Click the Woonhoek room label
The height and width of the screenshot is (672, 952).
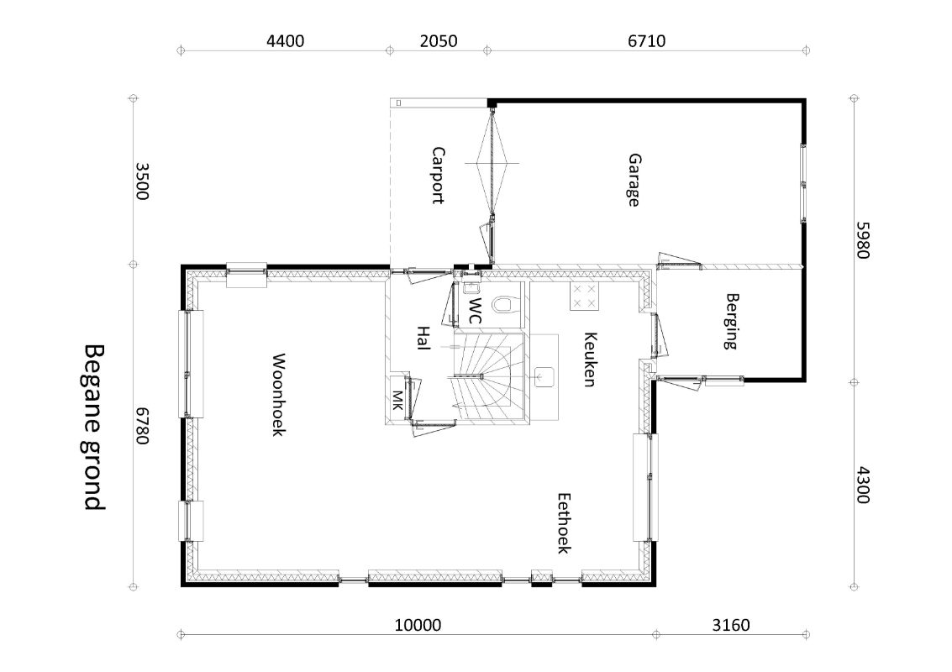coord(278,395)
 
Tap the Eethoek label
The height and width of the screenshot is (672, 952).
coord(564,522)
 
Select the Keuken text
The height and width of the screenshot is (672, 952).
coord(590,360)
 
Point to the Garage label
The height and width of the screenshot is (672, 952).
coord(634,181)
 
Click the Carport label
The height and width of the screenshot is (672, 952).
coord(438,175)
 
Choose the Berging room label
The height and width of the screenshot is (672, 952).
coord(732,321)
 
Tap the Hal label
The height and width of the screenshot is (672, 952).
coord(423,339)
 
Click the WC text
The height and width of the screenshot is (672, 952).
coord(475,310)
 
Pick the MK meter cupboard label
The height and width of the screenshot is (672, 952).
coord(397,400)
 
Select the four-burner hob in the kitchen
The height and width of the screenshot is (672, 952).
coord(584,297)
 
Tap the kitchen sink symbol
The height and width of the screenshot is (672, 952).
coord(544,376)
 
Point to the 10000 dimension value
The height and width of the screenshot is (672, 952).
coord(418,625)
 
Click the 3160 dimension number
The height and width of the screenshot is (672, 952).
coord(730,625)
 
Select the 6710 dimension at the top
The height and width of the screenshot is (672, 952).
coord(647,41)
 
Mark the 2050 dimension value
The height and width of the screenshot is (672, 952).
coord(439,41)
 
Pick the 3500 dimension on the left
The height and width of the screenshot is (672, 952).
coord(141,181)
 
